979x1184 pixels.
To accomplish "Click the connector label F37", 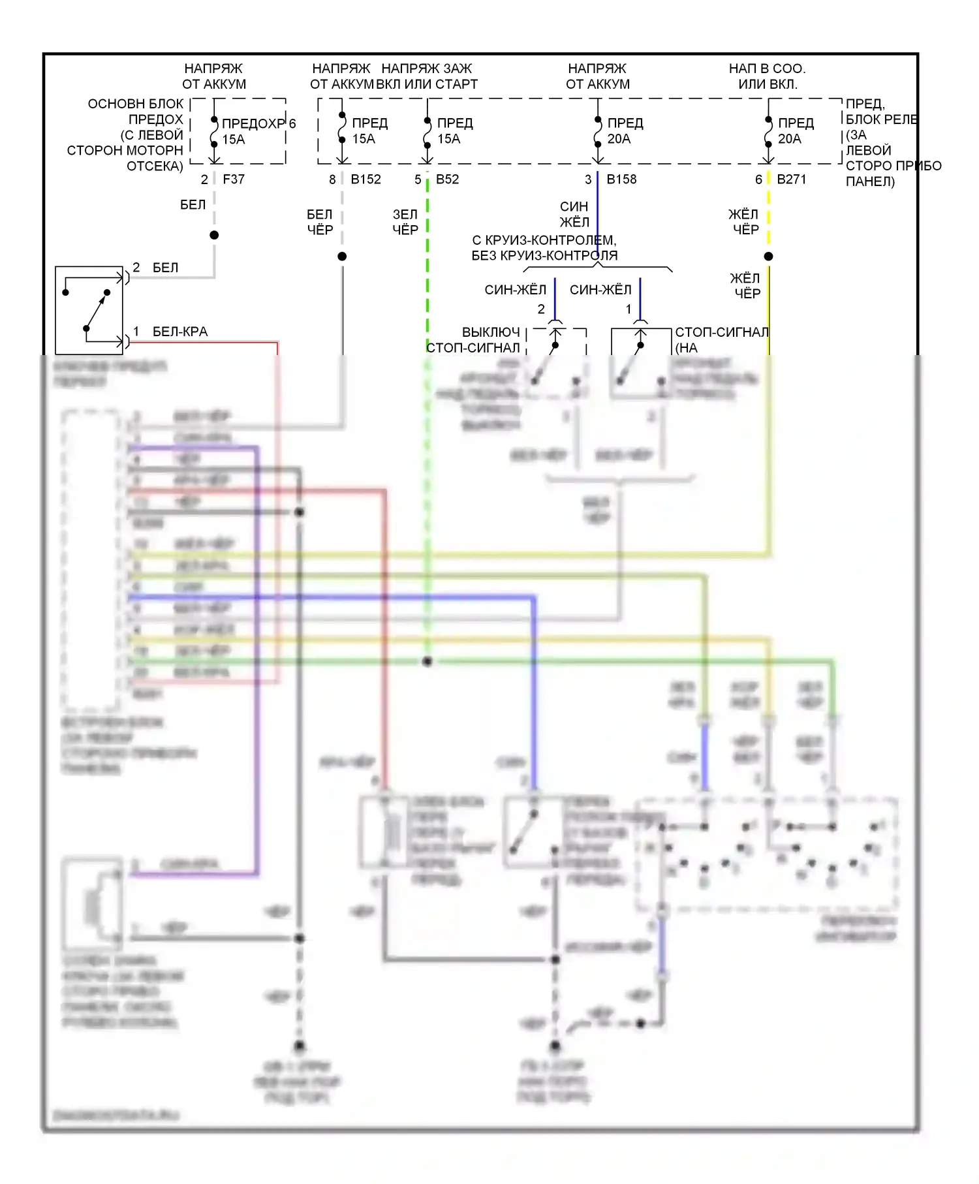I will (234, 179).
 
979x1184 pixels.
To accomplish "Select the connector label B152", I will (365, 179).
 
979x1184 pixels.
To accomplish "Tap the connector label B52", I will (447, 179).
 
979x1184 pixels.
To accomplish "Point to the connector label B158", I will (621, 179).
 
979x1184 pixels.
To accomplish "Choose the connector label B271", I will (791, 179).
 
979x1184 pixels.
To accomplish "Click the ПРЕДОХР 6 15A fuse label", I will (258, 131).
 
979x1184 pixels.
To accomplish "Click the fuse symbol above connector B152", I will (342, 129).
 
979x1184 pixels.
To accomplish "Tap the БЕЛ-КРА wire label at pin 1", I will (179, 332).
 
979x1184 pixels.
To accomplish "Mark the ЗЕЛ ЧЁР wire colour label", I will (405, 222).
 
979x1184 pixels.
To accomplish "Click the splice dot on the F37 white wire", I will (214, 235).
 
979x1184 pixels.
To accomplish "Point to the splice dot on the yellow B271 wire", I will (768, 257).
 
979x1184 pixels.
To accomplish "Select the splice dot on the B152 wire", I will (342, 257).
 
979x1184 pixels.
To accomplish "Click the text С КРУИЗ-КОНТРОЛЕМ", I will (544, 240).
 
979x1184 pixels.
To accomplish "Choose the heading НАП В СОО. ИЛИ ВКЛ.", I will (767, 76).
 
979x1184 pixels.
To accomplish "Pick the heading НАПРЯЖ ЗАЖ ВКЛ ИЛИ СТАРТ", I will (427, 76).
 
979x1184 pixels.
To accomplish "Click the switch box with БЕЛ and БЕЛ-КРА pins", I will (89, 310).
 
